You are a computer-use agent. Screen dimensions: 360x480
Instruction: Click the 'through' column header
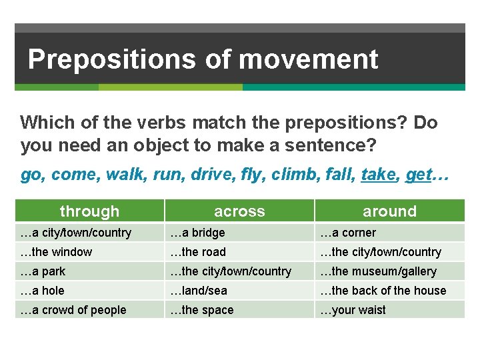pos(89,211)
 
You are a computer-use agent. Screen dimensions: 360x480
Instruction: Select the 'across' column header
pos(239,211)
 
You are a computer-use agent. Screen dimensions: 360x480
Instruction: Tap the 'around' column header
pos(389,211)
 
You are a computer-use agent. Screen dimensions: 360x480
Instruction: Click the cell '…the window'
pos(57,252)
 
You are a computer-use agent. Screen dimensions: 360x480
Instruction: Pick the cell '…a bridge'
pos(197,233)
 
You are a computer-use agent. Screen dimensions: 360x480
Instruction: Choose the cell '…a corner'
pos(347,233)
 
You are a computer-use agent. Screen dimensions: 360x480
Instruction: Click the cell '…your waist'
pos(353,310)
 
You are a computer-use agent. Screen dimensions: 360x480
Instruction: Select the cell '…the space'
pos(201,310)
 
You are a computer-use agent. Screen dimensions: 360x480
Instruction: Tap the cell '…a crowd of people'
pos(73,310)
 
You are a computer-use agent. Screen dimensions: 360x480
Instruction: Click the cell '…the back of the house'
pos(383,291)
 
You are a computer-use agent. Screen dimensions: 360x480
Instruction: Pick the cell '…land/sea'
pos(198,291)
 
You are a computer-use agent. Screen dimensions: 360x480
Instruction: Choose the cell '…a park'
pos(43,271)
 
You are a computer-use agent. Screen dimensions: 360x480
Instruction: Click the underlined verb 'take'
pos(378,175)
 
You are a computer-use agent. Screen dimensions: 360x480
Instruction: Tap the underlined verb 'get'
pos(418,175)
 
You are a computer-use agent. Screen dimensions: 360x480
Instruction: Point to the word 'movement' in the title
pos(308,60)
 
